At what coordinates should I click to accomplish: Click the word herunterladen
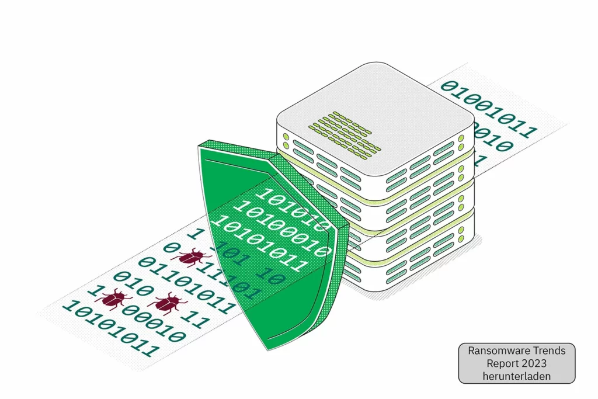coord(517,377)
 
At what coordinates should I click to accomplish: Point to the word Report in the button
coord(498,364)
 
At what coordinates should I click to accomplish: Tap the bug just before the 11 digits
coord(167,303)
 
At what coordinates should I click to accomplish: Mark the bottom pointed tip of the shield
coord(267,349)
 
